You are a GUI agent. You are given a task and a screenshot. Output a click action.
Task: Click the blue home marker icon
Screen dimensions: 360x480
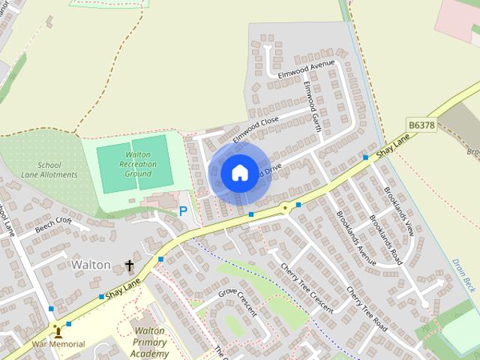point(239,173)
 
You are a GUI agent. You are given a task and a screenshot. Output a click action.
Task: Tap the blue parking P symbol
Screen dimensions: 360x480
point(183,211)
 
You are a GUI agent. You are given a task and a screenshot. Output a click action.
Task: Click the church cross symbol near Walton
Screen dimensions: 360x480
point(129,265)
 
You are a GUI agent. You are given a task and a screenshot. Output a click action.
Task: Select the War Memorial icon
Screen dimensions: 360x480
point(58,331)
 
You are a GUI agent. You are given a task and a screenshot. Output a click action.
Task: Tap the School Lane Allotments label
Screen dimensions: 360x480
point(58,170)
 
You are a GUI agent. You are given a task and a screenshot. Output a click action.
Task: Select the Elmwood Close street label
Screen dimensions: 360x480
point(255,129)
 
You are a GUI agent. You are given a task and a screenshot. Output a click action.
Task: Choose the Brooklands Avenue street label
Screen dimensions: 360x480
point(356,238)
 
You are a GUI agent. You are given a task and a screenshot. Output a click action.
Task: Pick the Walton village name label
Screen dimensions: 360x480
point(91,265)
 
